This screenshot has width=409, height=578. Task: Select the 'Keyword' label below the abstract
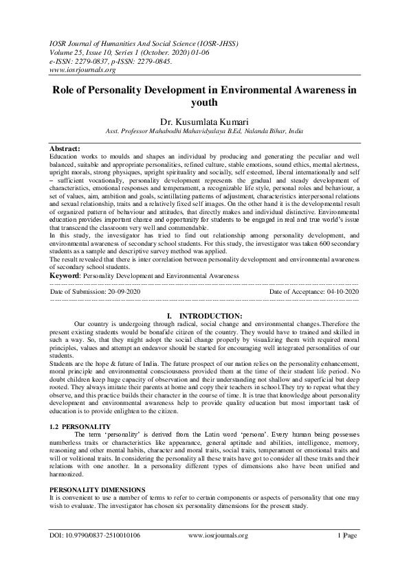click(65, 275)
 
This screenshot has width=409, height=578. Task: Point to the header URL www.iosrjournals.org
click(83, 69)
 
